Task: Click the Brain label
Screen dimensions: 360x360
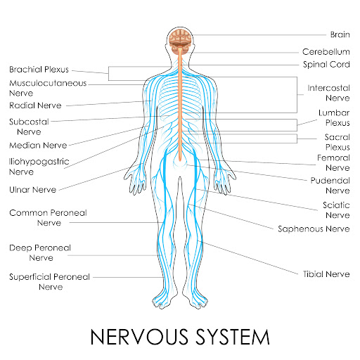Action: tap(340, 34)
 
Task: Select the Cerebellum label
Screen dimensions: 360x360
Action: tap(326, 52)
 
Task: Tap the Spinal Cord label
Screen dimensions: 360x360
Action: tap(326, 65)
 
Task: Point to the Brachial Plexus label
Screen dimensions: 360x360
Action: tap(39, 70)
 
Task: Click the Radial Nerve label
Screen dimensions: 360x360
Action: tap(35, 105)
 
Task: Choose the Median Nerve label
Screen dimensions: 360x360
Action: tap(38, 146)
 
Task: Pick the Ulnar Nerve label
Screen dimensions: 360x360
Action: tap(33, 190)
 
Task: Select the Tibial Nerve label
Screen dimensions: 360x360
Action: tap(326, 274)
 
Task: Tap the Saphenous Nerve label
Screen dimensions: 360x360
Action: tap(314, 229)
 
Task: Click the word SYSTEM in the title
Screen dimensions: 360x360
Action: tap(233, 337)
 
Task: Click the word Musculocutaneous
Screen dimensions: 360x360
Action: tap(48, 83)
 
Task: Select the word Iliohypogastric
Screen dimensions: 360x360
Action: tap(39, 162)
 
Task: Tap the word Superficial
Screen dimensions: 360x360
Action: tap(32, 277)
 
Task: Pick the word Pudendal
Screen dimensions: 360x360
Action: tap(330, 181)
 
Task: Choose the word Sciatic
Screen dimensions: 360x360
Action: tap(336, 205)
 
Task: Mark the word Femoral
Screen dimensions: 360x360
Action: tap(333, 158)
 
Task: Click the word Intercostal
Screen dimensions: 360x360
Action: tap(328, 88)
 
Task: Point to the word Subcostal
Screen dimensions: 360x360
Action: tap(29, 122)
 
